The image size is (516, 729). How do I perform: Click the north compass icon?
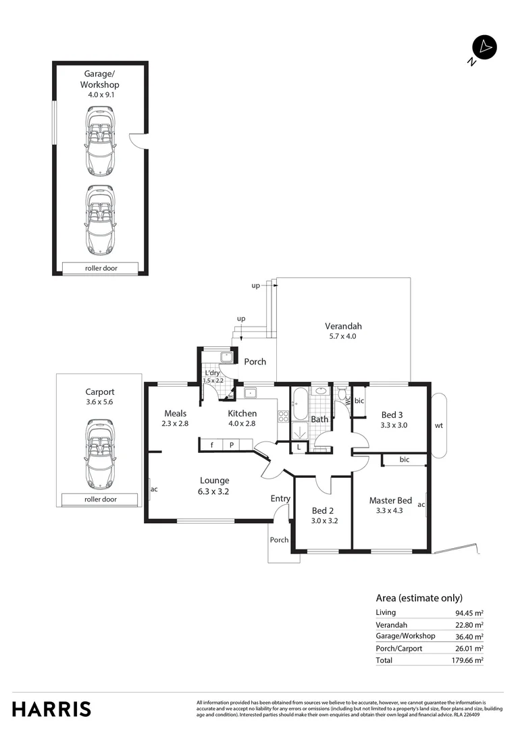pyautogui.click(x=484, y=47)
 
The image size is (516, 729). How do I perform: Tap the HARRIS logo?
pyautogui.click(x=51, y=709)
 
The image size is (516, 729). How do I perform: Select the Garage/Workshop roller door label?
pyautogui.click(x=100, y=268)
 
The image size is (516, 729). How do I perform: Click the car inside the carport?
pyautogui.click(x=100, y=454)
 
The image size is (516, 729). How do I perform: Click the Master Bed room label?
pyautogui.click(x=390, y=500)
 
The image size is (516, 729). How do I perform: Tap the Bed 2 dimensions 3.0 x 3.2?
pyautogui.click(x=324, y=520)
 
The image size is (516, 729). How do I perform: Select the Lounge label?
pyautogui.click(x=214, y=481)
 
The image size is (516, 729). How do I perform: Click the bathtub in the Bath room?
pyautogui.click(x=301, y=408)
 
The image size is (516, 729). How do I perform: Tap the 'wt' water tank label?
pyautogui.click(x=439, y=425)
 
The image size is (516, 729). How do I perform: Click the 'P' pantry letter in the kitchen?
pyautogui.click(x=231, y=446)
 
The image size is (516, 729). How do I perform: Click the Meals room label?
pyautogui.click(x=176, y=414)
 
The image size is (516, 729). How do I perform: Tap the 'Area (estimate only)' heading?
pyautogui.click(x=419, y=597)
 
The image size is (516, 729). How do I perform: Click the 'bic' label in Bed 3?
pyautogui.click(x=359, y=400)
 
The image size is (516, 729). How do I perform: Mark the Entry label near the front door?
pyautogui.click(x=280, y=499)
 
